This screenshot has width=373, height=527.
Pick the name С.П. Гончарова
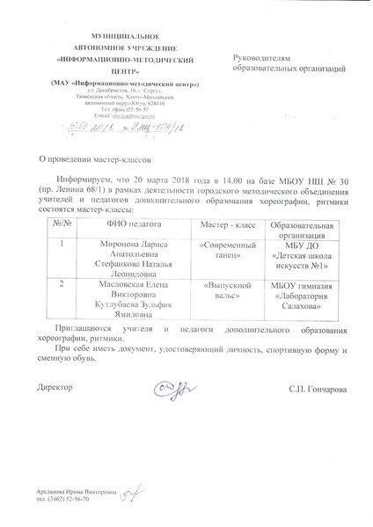tap(317, 389)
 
